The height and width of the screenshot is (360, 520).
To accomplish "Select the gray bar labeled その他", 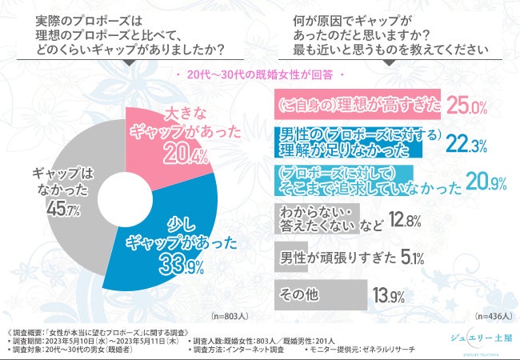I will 319,294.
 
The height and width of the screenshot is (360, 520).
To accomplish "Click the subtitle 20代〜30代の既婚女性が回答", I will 260,75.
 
